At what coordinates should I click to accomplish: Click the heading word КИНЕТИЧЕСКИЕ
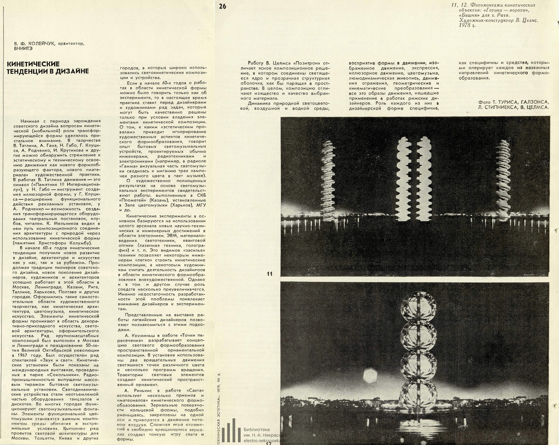coord(33,64)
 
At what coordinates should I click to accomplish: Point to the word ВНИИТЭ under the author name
coord(23,48)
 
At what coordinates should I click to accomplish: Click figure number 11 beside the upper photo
coord(270,274)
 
